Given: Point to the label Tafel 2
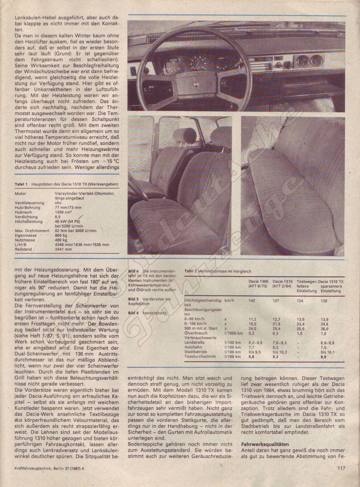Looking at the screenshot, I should pos(190,271).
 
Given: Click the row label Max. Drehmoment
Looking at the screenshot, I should pos(30,231).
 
